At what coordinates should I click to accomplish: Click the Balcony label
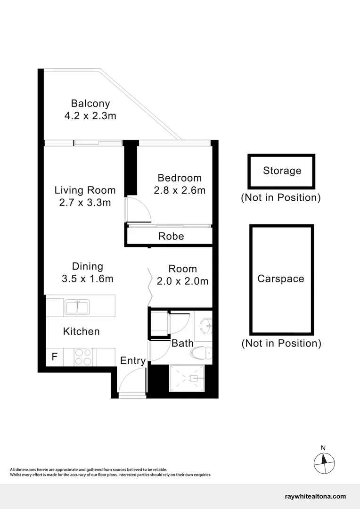coord(90,104)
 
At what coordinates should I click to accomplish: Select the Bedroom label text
coord(180,178)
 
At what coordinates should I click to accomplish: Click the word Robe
coord(171,236)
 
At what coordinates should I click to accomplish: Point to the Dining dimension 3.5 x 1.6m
coord(88,279)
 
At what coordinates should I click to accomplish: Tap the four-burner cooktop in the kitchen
coord(83,356)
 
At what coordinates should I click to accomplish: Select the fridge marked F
coord(54,357)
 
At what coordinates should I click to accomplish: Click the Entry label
coord(133,361)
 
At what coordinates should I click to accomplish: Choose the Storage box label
coord(282,171)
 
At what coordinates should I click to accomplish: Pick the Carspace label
coord(280,279)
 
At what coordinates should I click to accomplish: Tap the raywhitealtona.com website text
coord(315,496)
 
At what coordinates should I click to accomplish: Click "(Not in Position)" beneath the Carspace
coord(281,343)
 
